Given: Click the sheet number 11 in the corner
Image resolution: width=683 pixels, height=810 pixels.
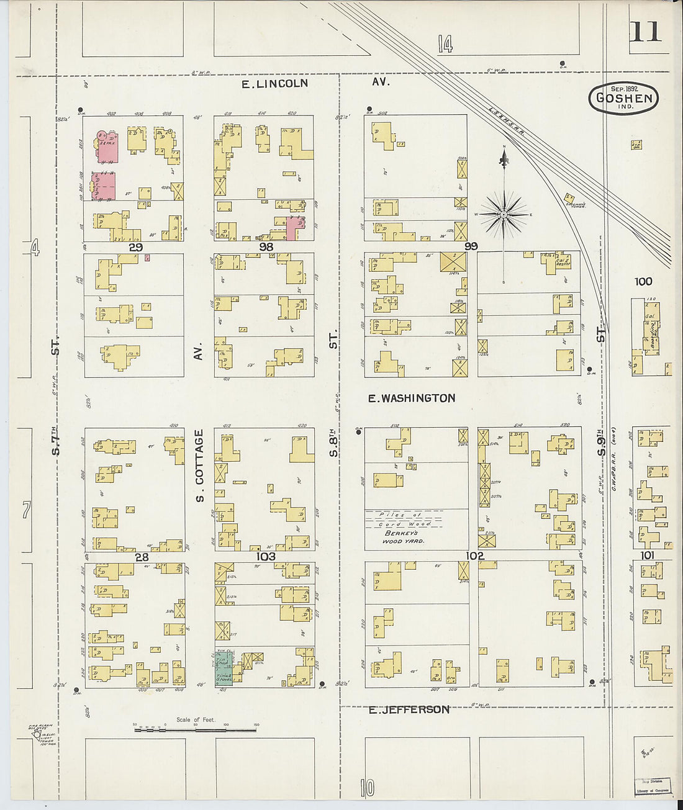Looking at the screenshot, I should click(646, 31).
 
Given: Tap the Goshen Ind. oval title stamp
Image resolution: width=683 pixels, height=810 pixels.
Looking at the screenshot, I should click(623, 98).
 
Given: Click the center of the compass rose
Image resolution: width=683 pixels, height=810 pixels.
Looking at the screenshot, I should click(504, 215).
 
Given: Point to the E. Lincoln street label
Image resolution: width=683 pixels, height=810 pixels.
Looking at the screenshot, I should click(274, 83).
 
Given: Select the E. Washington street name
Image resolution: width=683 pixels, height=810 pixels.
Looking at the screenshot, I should click(411, 398).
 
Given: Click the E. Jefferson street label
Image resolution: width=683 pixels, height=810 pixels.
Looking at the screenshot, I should click(409, 709).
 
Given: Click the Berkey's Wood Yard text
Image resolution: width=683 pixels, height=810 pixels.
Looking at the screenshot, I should click(404, 537).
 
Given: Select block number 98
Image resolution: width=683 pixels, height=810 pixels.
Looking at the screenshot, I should click(266, 247).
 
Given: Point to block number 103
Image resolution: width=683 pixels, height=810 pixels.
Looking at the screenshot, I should click(266, 556).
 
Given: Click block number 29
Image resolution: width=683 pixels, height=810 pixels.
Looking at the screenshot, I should click(135, 247).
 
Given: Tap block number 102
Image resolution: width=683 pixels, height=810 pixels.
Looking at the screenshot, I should click(475, 556).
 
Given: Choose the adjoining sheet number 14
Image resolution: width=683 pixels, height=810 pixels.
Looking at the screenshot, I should click(445, 44).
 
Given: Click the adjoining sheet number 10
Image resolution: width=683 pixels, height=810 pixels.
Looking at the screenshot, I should click(367, 788).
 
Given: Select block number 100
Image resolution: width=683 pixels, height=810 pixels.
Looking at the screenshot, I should click(643, 282).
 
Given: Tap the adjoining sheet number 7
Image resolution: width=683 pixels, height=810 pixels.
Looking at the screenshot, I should click(26, 510).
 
